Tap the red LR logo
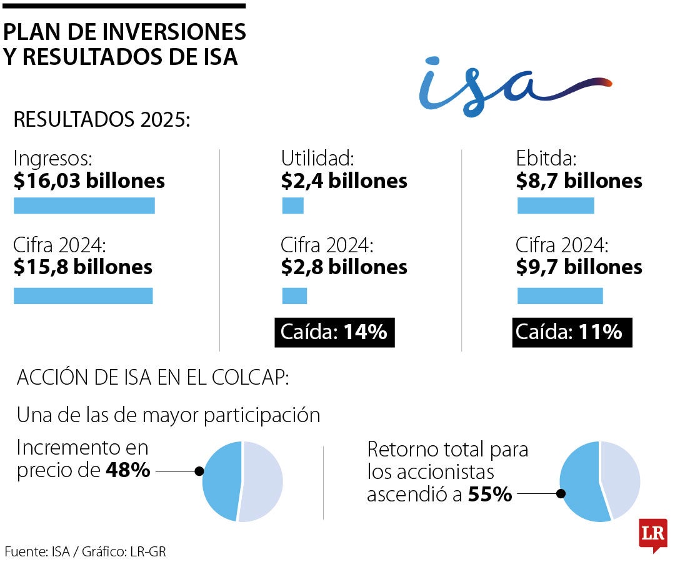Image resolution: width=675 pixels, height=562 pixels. [652, 535]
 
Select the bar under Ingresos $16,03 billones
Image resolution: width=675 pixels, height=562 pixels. [84, 205]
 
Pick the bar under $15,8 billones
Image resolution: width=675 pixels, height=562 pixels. [83, 295]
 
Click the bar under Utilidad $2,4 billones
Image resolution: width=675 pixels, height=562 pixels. [292, 205]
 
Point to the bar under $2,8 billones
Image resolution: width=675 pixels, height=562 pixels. [294, 295]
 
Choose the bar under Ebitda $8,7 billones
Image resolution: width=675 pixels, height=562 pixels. [556, 205]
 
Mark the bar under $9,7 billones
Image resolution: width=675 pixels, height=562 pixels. [560, 295]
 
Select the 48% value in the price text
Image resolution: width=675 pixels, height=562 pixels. [127, 470]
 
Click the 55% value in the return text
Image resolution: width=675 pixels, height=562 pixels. [490, 495]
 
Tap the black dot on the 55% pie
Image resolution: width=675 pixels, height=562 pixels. [561, 494]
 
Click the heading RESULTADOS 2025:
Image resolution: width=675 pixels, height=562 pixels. [101, 120]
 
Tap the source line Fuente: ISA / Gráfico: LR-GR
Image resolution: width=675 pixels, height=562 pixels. [86, 551]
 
